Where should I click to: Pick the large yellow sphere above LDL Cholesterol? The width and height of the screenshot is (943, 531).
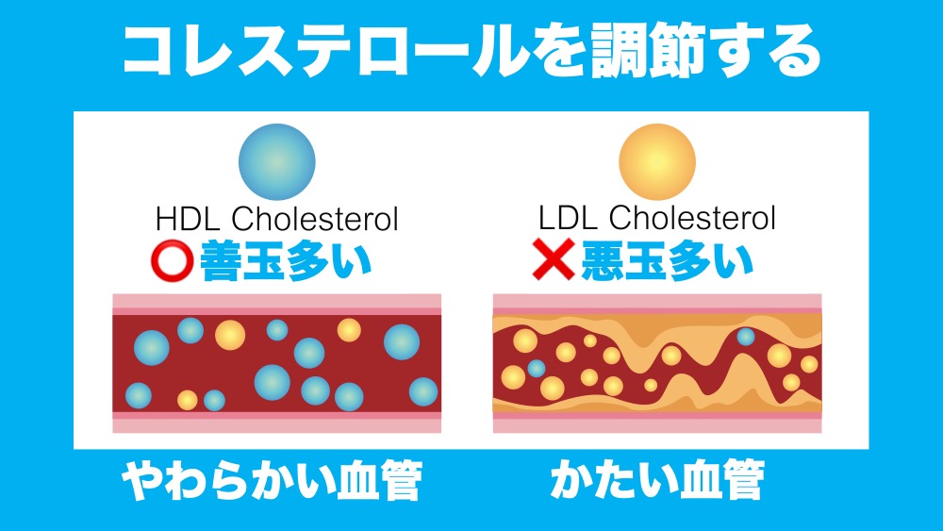pyautogui.click(x=656, y=161)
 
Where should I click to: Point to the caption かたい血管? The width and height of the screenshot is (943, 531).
pyautogui.click(x=656, y=482)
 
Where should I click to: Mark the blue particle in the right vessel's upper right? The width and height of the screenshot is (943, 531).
pyautogui.click(x=746, y=337)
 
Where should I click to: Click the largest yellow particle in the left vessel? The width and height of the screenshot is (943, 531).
pyautogui.click(x=229, y=335)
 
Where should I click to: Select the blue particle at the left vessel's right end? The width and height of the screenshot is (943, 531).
pyautogui.click(x=423, y=390)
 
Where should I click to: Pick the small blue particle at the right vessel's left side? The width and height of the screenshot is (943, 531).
pyautogui.click(x=536, y=368)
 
